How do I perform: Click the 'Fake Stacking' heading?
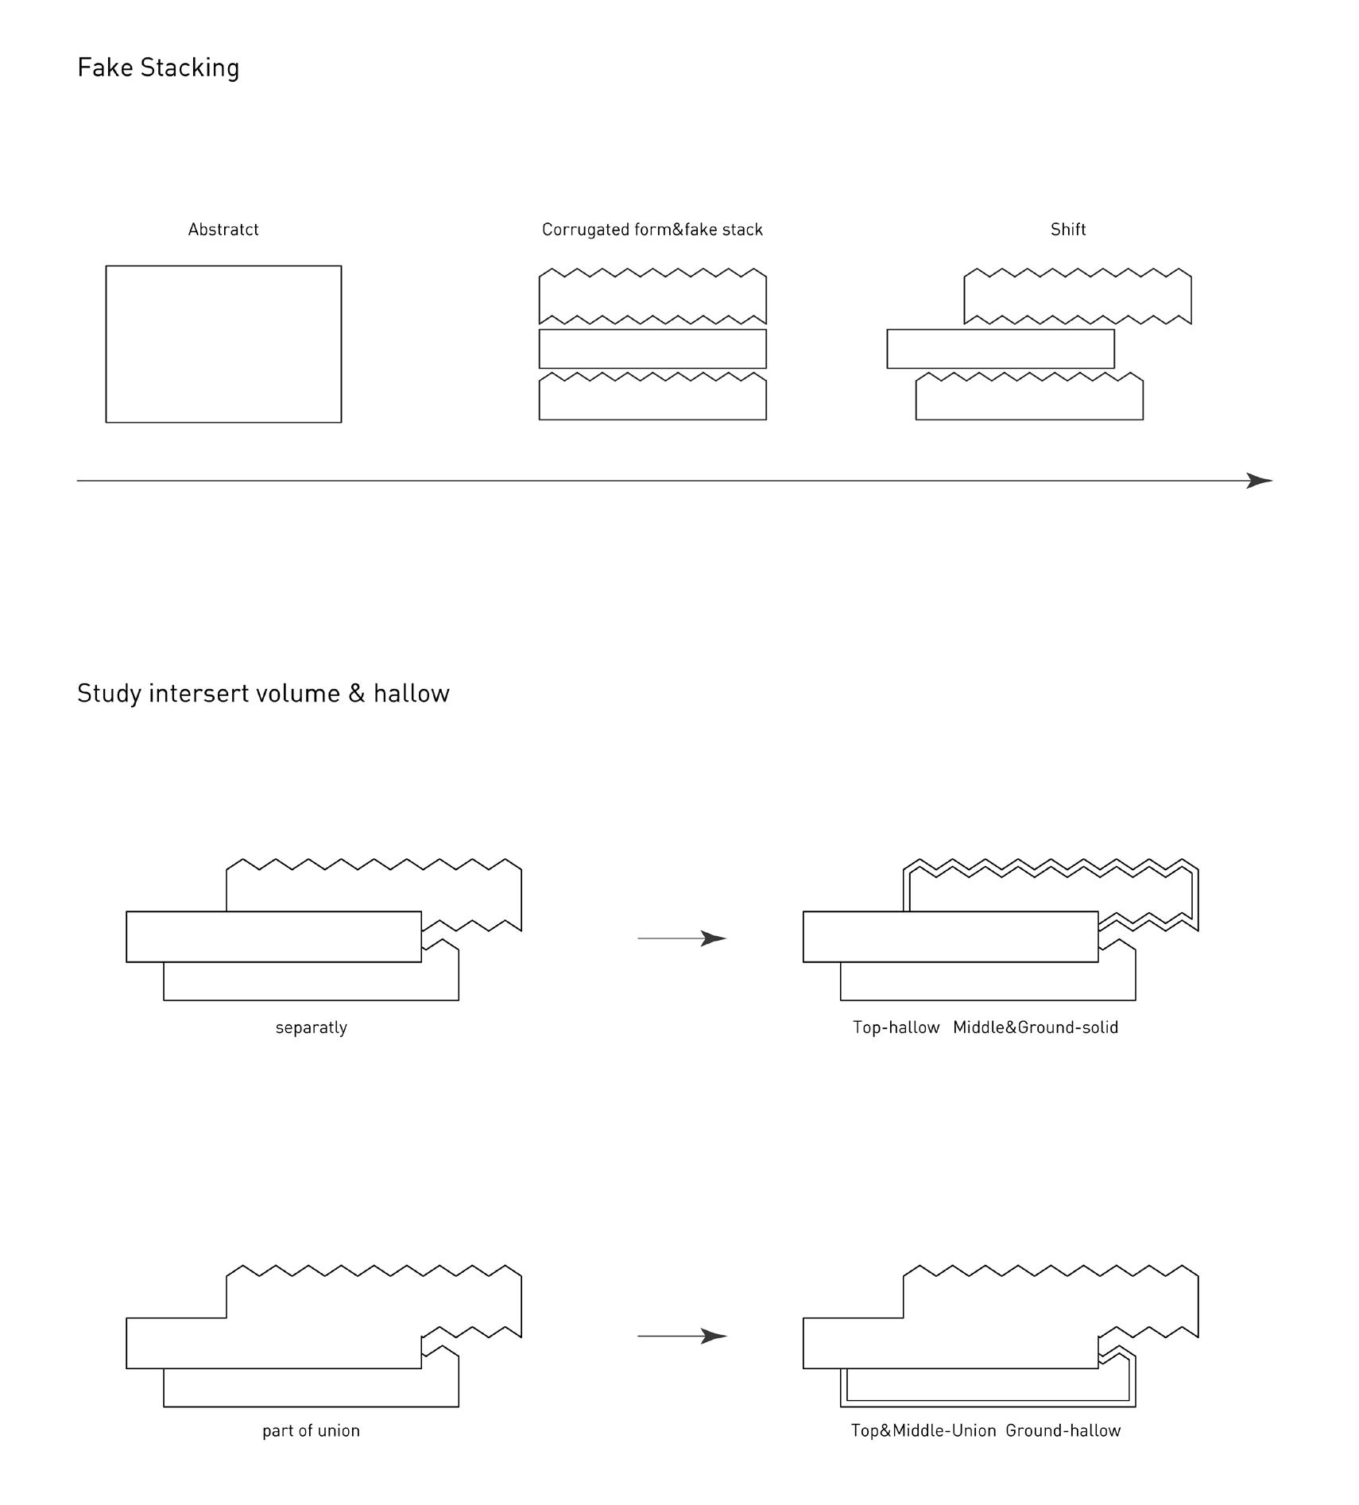pyautogui.click(x=158, y=68)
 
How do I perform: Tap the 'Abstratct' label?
pyautogui.click(x=223, y=230)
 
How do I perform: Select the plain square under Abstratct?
pyautogui.click(x=223, y=344)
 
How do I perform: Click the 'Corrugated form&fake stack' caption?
pyautogui.click(x=652, y=230)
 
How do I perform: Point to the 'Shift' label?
pyautogui.click(x=1067, y=230)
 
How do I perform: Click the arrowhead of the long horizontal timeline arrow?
pyautogui.click(x=1259, y=481)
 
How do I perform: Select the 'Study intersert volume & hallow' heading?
pyautogui.click(x=263, y=694)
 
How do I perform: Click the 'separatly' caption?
pyautogui.click(x=311, y=1027)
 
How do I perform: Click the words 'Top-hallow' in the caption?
pyautogui.click(x=896, y=1027)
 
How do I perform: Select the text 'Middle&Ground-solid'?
pyautogui.click(x=1035, y=1027)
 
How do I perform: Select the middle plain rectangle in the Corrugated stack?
pyautogui.click(x=652, y=349)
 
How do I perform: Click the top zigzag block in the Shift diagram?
pyautogui.click(x=1077, y=298)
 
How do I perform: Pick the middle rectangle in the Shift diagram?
pyautogui.click(x=1000, y=349)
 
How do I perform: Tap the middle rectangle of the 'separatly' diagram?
pyautogui.click(x=273, y=937)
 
